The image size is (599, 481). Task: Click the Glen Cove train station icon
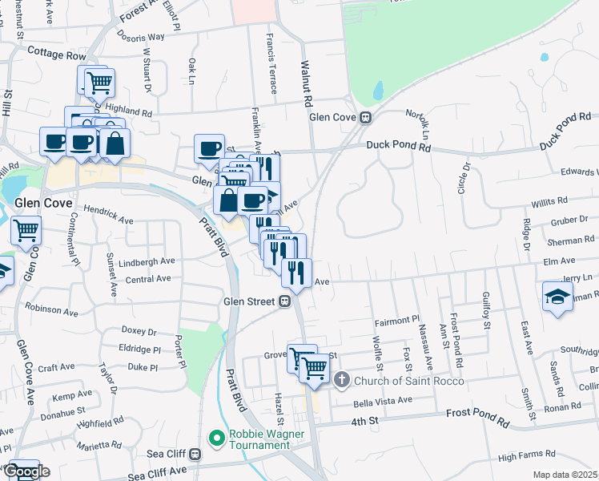coord(365,117)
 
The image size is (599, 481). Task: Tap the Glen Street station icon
coord(283,302)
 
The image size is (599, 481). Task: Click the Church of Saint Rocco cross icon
coord(341,379)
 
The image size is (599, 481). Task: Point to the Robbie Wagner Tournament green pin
coord(215,438)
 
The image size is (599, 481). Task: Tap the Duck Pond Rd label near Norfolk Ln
coord(399,146)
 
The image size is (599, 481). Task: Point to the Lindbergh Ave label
coord(147,261)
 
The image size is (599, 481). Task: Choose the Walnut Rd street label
coord(305,83)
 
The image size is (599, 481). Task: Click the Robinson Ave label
coord(50,307)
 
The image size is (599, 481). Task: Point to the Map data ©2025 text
coord(565,475)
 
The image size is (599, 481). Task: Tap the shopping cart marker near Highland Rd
coord(100,81)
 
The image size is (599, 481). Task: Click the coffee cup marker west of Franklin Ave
coord(210,148)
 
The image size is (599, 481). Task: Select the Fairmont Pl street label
coord(398,321)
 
